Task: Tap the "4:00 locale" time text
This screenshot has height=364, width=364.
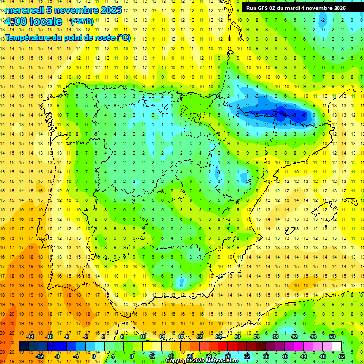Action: pos(33,21)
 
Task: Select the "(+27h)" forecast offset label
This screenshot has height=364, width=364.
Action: pos(82,21)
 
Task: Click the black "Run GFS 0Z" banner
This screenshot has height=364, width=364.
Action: pos(302,8)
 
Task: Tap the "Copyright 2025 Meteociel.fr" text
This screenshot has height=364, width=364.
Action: pos(202,361)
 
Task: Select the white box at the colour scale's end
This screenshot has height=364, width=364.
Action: pos(337,346)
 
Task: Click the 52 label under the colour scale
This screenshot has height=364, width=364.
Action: pos(342,356)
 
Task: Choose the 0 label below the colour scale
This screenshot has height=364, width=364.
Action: pos(94,356)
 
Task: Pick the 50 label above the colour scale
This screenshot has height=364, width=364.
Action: pos(332,337)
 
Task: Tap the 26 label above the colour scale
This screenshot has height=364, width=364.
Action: pos(218,337)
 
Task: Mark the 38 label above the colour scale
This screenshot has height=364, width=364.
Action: pos(275,337)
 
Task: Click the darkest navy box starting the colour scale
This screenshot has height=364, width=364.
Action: pos(24,346)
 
